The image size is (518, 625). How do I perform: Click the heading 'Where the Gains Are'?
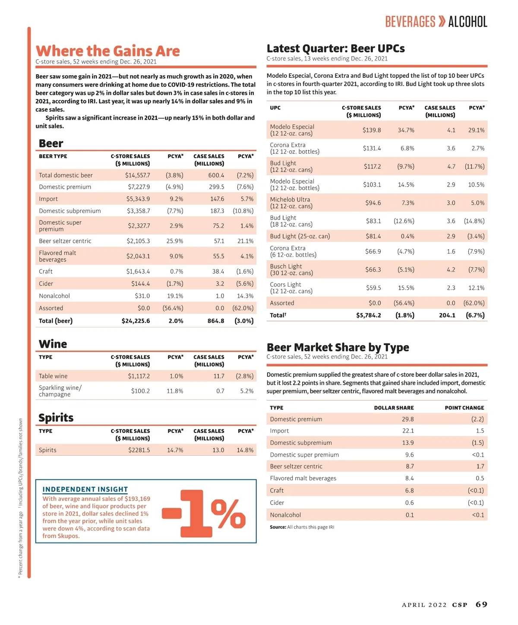pos(107,51)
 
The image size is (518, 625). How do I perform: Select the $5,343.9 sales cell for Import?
pos(138,199)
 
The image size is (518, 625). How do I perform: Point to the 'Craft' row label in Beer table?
pos(46,272)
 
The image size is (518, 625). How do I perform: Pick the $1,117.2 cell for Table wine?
pos(139,376)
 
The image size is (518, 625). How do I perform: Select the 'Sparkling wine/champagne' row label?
pos(60,391)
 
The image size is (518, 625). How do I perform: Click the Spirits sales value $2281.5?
pos(139,450)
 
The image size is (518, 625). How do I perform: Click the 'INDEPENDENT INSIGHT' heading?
pos(85,489)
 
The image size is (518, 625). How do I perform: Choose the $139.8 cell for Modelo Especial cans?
pos(372,130)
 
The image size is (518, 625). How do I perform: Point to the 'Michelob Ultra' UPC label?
pos(290,200)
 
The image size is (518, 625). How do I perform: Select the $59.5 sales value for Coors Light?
pos(373,288)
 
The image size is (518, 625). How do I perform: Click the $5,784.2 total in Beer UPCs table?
pos(368,315)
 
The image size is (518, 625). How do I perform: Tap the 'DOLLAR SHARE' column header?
pos(394,408)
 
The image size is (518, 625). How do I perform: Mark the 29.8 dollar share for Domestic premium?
pos(407,419)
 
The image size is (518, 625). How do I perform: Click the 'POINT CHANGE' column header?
pos(464,408)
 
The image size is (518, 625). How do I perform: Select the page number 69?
pos(481,604)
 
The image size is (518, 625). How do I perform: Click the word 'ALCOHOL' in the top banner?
pos(467,22)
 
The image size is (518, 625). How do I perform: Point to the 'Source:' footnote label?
pos(278,527)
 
